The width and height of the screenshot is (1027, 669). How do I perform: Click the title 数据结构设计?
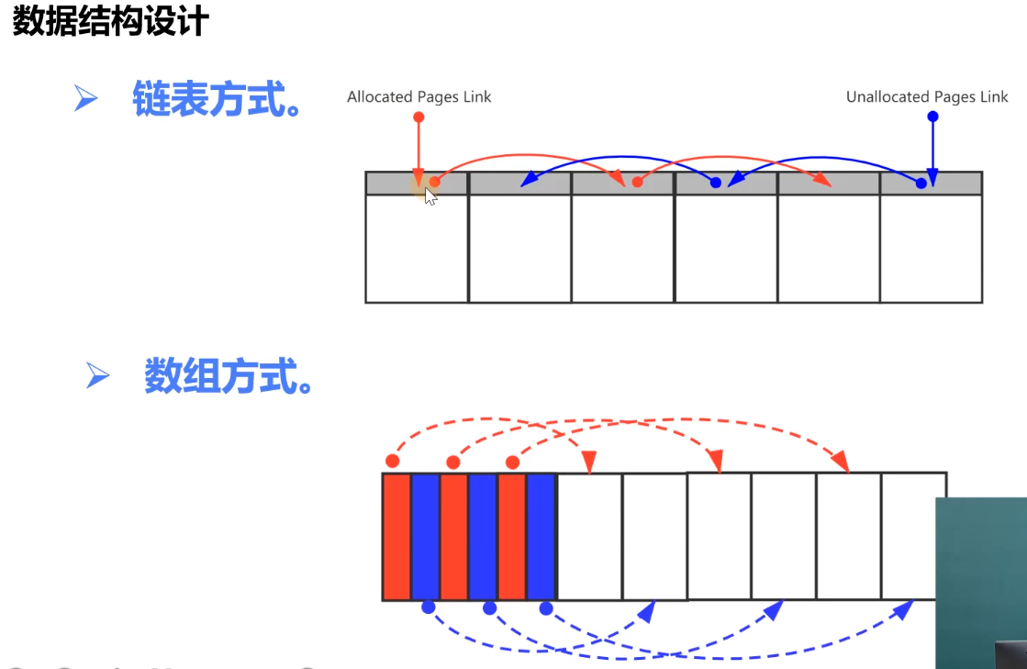(x=111, y=20)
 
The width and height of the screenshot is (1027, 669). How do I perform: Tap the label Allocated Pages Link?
(x=419, y=97)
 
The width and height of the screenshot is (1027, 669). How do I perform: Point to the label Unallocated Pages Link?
(x=927, y=97)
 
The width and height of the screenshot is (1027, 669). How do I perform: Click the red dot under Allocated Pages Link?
(x=419, y=117)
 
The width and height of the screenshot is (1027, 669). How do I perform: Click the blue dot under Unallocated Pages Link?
(x=932, y=117)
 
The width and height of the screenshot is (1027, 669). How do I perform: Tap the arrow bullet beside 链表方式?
(x=85, y=98)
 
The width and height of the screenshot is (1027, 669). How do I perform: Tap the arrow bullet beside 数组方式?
(x=97, y=375)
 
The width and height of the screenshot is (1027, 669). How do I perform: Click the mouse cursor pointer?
(x=430, y=196)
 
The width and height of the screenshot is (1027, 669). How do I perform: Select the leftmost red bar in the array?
(x=396, y=536)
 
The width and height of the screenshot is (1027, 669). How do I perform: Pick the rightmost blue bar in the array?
(x=541, y=536)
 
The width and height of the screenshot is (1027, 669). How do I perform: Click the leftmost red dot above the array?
(x=392, y=462)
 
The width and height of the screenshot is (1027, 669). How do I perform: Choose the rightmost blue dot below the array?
(x=546, y=608)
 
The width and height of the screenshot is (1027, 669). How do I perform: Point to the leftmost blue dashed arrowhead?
(x=647, y=611)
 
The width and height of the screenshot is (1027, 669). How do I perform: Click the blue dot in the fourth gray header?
(x=716, y=183)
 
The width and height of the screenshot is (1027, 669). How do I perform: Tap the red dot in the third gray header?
(x=637, y=182)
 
